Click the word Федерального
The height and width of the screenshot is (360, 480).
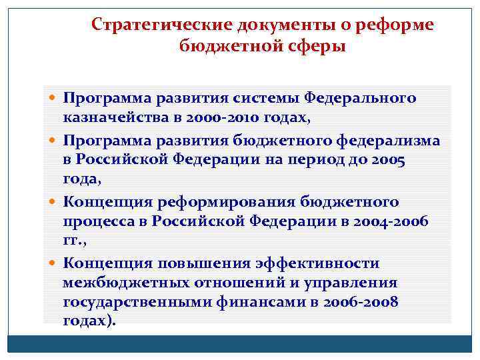click(360, 98)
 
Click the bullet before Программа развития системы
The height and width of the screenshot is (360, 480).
click(53, 99)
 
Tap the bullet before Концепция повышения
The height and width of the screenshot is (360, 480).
click(53, 264)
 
